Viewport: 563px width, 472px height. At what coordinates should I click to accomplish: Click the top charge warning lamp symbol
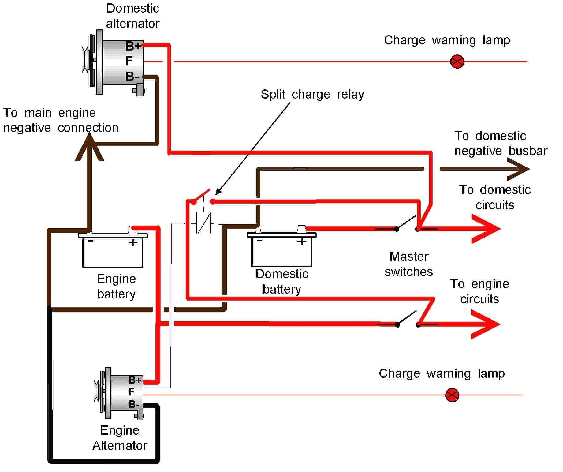[457, 62]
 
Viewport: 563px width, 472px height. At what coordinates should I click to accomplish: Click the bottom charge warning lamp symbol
[452, 395]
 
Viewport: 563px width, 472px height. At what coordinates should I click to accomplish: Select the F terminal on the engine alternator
[131, 392]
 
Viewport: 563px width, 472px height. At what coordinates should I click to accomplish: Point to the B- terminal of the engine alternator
[134, 404]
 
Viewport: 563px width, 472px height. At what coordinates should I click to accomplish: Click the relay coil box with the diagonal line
[203, 223]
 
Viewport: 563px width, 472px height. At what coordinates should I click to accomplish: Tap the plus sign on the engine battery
[133, 243]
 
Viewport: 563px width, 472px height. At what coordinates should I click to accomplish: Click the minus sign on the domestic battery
[259, 241]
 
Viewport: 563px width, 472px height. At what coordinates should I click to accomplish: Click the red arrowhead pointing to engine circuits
[486, 324]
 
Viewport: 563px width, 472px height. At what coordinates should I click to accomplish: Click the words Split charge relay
[312, 94]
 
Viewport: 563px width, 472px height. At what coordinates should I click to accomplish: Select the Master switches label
[408, 264]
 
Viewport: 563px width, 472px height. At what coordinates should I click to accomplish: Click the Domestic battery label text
[282, 281]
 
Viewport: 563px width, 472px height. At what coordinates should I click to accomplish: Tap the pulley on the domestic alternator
[85, 60]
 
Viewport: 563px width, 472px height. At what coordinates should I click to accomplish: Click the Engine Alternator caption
[120, 438]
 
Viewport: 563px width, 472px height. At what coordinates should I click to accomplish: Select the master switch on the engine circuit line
[407, 320]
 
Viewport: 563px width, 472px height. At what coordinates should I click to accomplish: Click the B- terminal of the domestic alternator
[132, 76]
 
